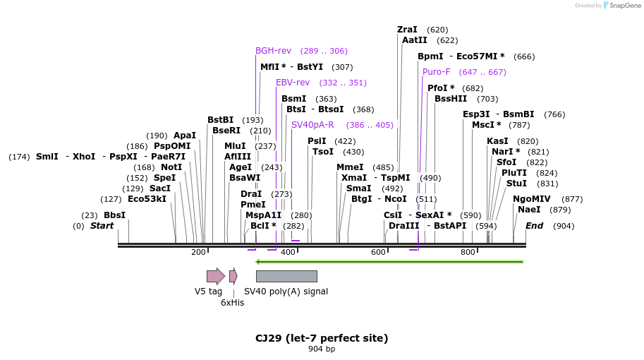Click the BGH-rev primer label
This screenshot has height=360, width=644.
(x=273, y=51)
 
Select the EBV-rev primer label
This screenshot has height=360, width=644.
(x=293, y=83)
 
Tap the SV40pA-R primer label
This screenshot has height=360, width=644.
(x=312, y=125)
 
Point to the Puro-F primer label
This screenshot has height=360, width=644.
(x=437, y=72)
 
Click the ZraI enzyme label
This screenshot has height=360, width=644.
(x=407, y=30)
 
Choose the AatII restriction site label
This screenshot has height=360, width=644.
(x=415, y=40)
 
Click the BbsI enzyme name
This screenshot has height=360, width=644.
(x=114, y=215)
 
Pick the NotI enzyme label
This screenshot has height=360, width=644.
(x=171, y=167)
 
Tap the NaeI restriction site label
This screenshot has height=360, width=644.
(x=529, y=210)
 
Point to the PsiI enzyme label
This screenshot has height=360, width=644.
(x=317, y=141)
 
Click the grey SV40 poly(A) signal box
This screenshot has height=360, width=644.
(x=286, y=276)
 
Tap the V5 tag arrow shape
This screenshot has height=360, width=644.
(x=215, y=276)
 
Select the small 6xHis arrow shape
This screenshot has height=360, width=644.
(x=233, y=276)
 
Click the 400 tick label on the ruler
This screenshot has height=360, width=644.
(x=288, y=253)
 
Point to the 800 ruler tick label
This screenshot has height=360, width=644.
(x=468, y=253)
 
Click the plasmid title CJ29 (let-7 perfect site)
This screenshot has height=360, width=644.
(x=322, y=338)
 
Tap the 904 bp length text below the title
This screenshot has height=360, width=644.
(x=322, y=349)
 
